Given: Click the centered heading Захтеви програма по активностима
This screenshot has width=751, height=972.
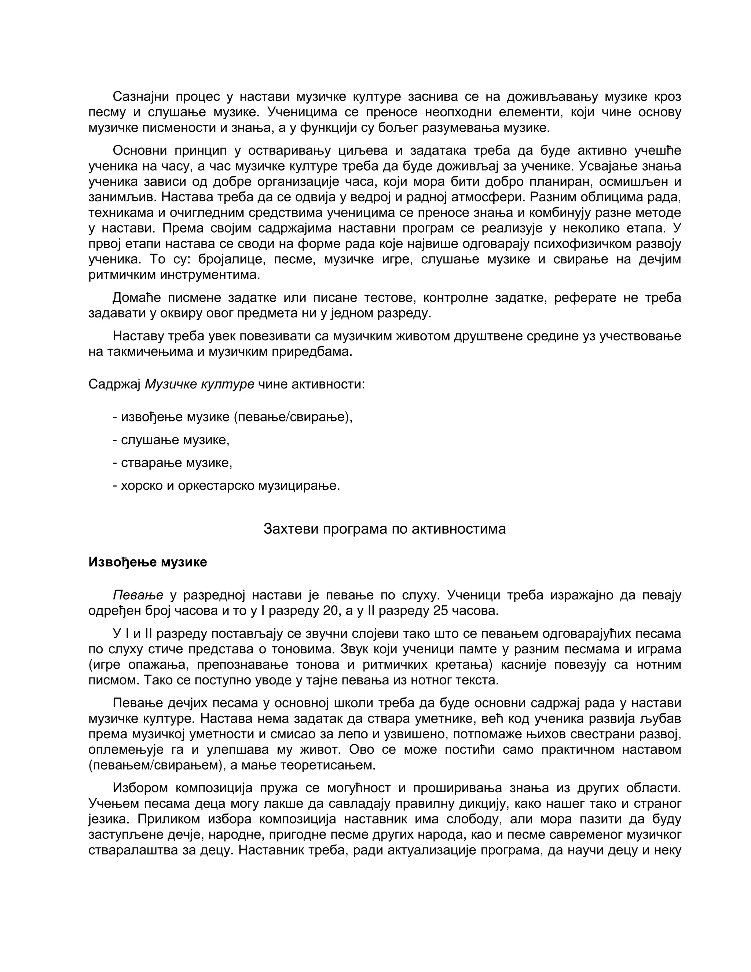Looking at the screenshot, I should coord(384,529).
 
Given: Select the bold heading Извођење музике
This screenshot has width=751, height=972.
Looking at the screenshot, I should coord(148,562).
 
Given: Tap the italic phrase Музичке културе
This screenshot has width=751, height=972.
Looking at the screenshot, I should coord(200,384).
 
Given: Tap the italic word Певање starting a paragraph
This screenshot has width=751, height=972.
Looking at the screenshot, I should coord(138,595).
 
